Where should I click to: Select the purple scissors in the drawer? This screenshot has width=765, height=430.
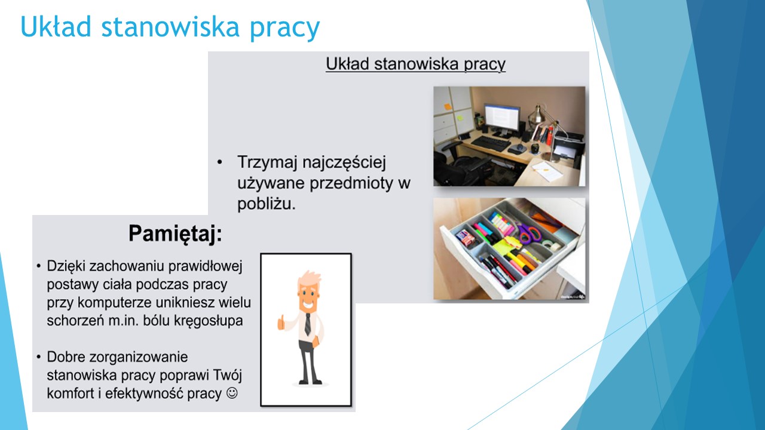(x=529, y=234)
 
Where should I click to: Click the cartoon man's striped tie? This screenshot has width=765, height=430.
(x=308, y=324)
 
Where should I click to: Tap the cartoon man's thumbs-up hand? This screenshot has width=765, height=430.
(x=281, y=322)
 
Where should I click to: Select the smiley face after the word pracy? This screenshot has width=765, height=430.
(x=232, y=393)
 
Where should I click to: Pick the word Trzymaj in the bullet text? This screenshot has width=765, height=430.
(x=267, y=162)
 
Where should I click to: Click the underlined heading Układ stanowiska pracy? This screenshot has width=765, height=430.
(x=415, y=64)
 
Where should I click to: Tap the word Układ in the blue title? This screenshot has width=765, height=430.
(x=56, y=27)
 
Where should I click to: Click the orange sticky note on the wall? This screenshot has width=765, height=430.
(x=448, y=106)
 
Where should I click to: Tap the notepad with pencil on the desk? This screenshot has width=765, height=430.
(x=547, y=171)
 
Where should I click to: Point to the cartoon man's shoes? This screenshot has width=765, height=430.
(x=310, y=381)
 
